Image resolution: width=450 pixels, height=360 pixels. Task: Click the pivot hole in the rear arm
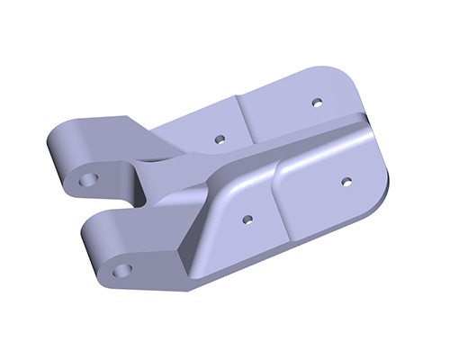point(87,180)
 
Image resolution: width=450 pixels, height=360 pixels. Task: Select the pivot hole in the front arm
point(122,269)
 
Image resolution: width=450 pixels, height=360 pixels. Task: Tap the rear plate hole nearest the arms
point(219,139)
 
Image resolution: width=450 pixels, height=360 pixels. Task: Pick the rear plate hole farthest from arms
point(317,102)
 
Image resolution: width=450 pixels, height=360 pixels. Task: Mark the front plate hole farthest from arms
point(346,181)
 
